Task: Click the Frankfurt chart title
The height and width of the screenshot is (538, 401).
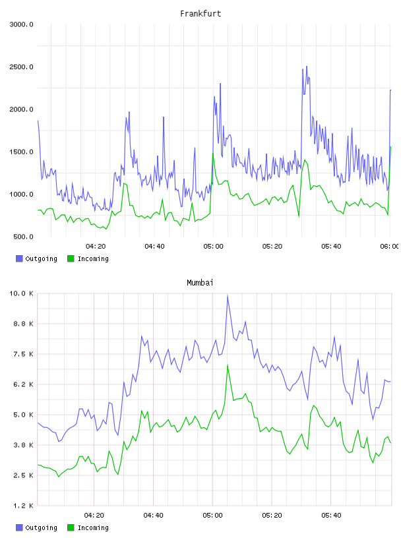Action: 200,14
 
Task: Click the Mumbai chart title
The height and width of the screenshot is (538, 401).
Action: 200,283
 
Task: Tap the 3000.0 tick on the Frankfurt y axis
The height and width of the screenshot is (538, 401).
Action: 21,24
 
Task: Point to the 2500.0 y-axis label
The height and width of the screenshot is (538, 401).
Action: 21,67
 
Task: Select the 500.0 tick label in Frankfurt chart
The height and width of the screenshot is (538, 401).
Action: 23,237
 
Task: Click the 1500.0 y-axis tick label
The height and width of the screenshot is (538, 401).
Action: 21,152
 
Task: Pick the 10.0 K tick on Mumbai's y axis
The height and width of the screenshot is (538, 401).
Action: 21,293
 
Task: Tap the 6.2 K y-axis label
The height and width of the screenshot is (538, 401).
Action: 23,384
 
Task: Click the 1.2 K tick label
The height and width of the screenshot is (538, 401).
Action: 23,506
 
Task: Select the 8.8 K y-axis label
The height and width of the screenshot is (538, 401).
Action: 23,324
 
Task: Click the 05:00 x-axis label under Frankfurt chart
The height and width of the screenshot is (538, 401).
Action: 213,247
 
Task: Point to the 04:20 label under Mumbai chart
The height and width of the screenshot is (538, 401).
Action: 94,516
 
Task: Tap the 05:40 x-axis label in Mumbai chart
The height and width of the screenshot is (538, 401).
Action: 331,516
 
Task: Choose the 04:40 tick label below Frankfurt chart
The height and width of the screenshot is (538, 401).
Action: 154,247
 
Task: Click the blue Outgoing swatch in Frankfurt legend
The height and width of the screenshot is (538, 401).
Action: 19,258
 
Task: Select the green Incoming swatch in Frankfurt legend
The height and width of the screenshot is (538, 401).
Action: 71,258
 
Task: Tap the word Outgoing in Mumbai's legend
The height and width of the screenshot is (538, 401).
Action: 41,527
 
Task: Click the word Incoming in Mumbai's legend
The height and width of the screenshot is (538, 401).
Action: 93,527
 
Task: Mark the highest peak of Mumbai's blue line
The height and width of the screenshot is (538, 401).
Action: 228,295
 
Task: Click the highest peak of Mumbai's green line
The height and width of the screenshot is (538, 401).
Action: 228,365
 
